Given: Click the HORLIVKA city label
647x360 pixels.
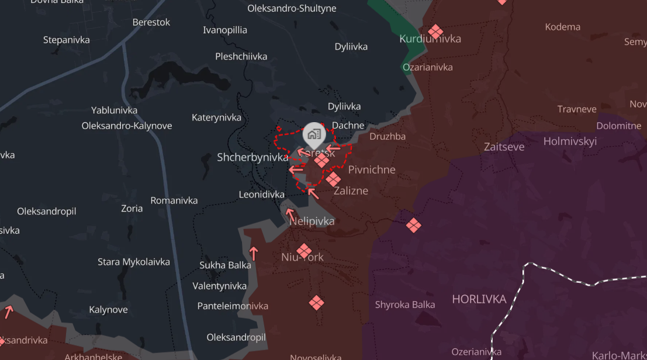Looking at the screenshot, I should click(x=479, y=299).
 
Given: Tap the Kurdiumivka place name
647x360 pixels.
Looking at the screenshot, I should click(x=430, y=39).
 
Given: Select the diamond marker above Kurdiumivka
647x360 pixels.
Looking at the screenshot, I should click(x=435, y=32).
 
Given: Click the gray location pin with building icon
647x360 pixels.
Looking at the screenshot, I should click(x=314, y=135).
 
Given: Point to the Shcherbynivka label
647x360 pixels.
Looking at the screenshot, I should click(x=252, y=157).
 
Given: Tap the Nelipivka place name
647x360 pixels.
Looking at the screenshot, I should click(x=312, y=221).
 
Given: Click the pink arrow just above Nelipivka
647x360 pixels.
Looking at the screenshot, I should click(x=290, y=215).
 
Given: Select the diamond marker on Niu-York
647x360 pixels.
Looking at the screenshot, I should click(x=303, y=251).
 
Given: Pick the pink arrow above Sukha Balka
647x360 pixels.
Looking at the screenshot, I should click(x=254, y=253).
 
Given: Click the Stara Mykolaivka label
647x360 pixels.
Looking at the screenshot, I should click(x=133, y=262).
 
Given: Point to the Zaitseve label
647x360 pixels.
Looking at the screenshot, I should click(x=504, y=147).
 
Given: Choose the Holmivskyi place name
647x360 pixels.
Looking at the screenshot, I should click(x=570, y=141).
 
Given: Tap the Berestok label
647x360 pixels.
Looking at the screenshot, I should click(x=151, y=22).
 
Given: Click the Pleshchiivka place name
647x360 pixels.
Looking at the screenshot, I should click(x=241, y=57).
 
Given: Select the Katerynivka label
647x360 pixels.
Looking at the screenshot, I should click(x=216, y=117).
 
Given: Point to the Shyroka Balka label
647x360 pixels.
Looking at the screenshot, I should click(x=405, y=304).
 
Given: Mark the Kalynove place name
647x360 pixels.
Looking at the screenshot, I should click(x=108, y=310).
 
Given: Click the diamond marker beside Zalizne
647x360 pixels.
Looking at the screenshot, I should click(x=333, y=179).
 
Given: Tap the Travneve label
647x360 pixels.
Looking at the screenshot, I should click(x=577, y=109).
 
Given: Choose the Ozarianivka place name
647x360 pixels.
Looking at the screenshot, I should click(x=428, y=67).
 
